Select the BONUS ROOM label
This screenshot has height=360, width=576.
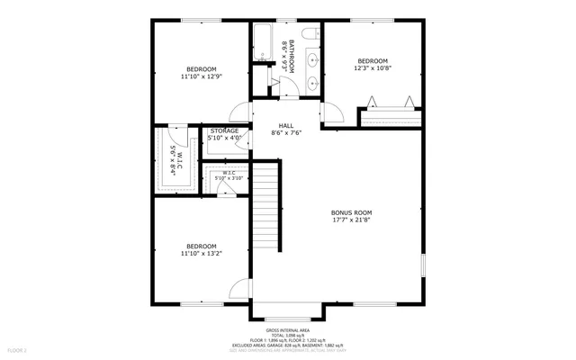[x=351, y=211]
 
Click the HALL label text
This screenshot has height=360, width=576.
[x=286, y=126]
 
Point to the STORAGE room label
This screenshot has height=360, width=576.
[x=224, y=131]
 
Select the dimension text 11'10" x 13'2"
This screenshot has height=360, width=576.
[x=202, y=254]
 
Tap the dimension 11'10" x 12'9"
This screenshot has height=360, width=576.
[x=202, y=76]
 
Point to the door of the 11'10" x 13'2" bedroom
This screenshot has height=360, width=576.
[x=239, y=290]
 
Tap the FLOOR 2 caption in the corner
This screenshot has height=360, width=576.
[x=16, y=349]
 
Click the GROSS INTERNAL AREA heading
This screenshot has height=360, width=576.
[x=287, y=330]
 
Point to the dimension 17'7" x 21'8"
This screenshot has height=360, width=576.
[x=351, y=220]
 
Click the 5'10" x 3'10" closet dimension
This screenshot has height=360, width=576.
[x=229, y=178]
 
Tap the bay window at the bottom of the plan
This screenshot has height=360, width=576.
[x=287, y=316]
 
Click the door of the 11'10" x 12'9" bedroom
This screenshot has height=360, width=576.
[x=240, y=112]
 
